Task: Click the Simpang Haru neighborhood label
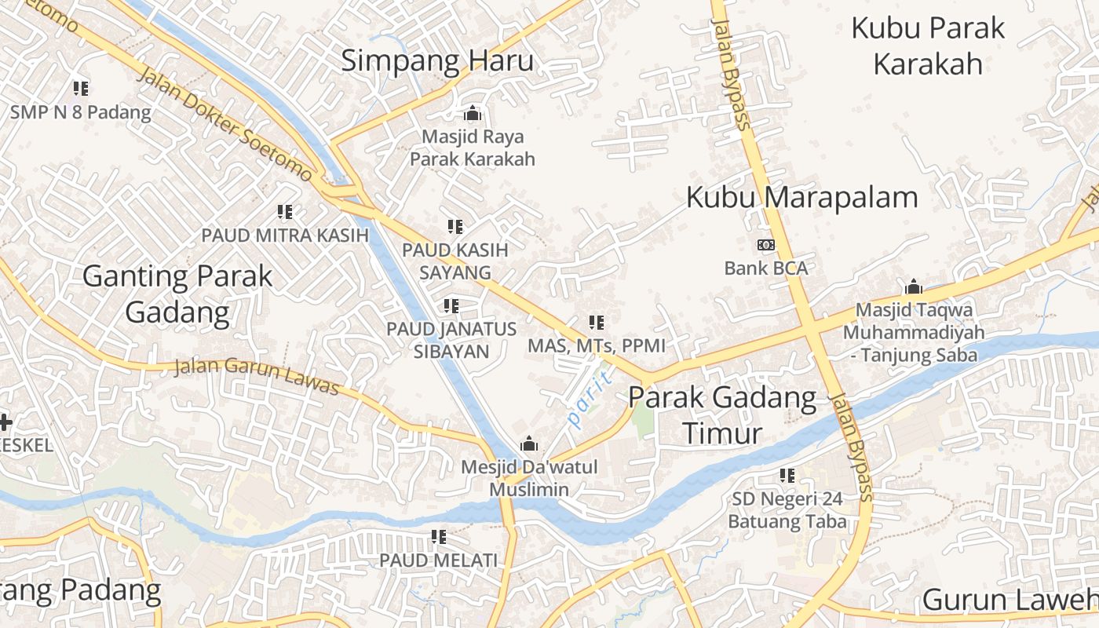tap(436, 60)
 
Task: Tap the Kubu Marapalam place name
tap(801, 197)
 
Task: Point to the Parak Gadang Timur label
tap(722, 415)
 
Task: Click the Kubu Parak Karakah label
tap(928, 46)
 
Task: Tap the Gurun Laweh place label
tap(1010, 600)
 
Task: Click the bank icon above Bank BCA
tap(765, 245)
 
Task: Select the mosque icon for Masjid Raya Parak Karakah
tap(473, 114)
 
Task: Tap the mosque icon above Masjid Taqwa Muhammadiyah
tap(913, 287)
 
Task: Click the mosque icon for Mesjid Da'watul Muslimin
tap(529, 444)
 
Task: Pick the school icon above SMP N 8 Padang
tap(81, 89)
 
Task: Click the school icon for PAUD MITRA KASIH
tap(285, 212)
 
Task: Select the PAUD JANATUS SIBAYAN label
tap(451, 340)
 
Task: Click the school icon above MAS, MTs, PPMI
tap(597, 323)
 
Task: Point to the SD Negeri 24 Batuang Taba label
tap(787, 510)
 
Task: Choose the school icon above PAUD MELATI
tap(439, 538)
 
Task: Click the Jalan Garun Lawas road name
tap(256, 376)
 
